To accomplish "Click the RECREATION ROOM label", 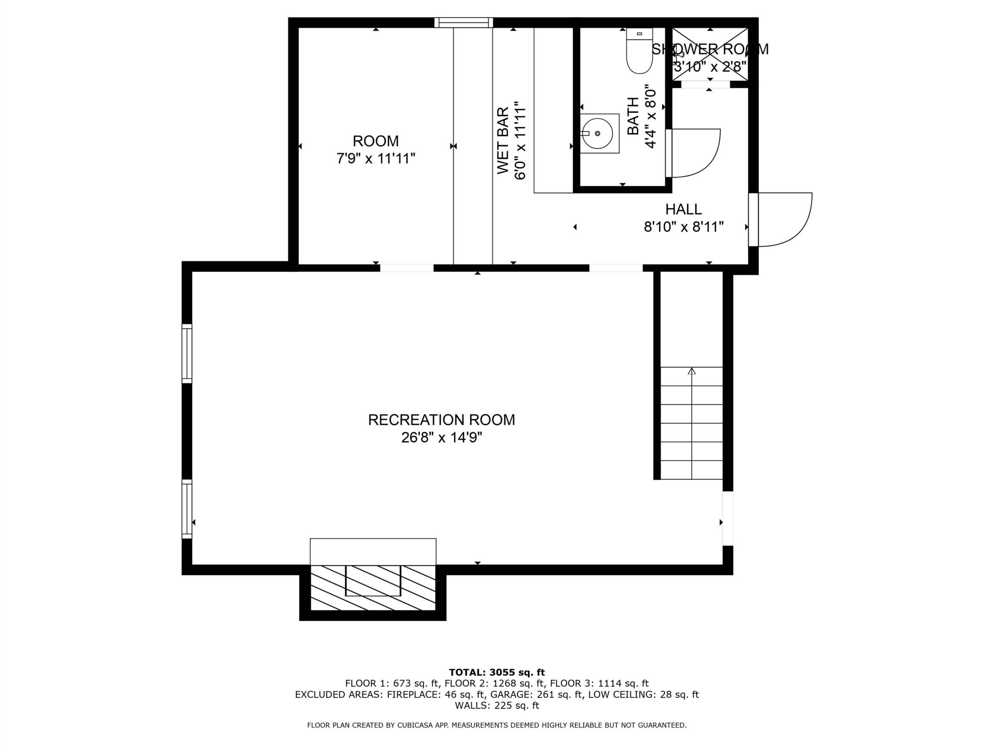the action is [441, 420].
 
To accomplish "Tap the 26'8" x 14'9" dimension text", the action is [441, 437].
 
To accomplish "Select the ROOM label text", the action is [376, 141].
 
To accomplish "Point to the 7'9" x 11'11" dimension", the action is [376, 159].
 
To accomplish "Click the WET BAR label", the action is [503, 140].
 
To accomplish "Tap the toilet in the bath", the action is [639, 51].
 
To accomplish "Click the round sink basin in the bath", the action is [598, 134].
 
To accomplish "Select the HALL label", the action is [683, 209].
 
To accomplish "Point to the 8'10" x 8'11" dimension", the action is [683, 227].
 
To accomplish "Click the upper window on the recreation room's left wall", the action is [187, 354].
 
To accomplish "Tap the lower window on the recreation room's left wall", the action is [187, 509].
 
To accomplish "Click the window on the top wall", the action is [463, 23].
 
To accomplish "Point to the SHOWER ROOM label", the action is [710, 49].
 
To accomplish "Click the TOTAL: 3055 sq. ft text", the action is [497, 672].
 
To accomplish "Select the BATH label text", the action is [633, 116].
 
